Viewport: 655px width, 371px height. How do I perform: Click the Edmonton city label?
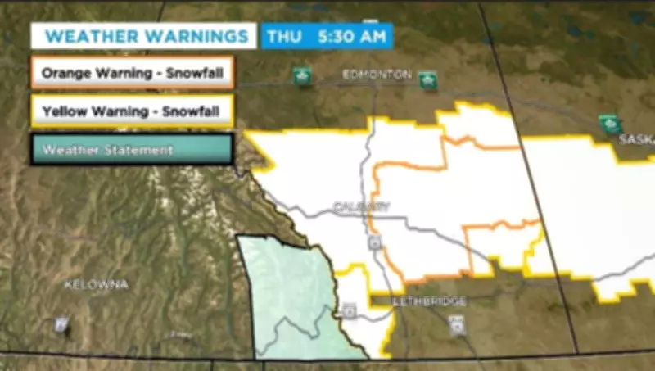377,75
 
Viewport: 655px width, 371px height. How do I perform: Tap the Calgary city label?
361,206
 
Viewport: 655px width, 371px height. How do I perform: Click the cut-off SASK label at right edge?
636,139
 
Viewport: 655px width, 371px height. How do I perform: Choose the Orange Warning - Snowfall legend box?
133,72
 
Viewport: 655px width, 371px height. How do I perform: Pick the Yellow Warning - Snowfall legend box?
133,111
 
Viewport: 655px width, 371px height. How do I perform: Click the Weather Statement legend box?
133,150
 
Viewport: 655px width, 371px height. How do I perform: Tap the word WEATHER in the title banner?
89,37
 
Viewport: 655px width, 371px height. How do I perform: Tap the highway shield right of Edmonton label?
427,81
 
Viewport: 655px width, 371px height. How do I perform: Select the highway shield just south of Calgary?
374,243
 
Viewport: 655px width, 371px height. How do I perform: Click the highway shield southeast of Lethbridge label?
457,326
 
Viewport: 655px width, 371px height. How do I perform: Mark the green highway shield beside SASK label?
609,124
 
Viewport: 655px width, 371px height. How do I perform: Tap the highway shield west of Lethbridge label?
350,310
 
